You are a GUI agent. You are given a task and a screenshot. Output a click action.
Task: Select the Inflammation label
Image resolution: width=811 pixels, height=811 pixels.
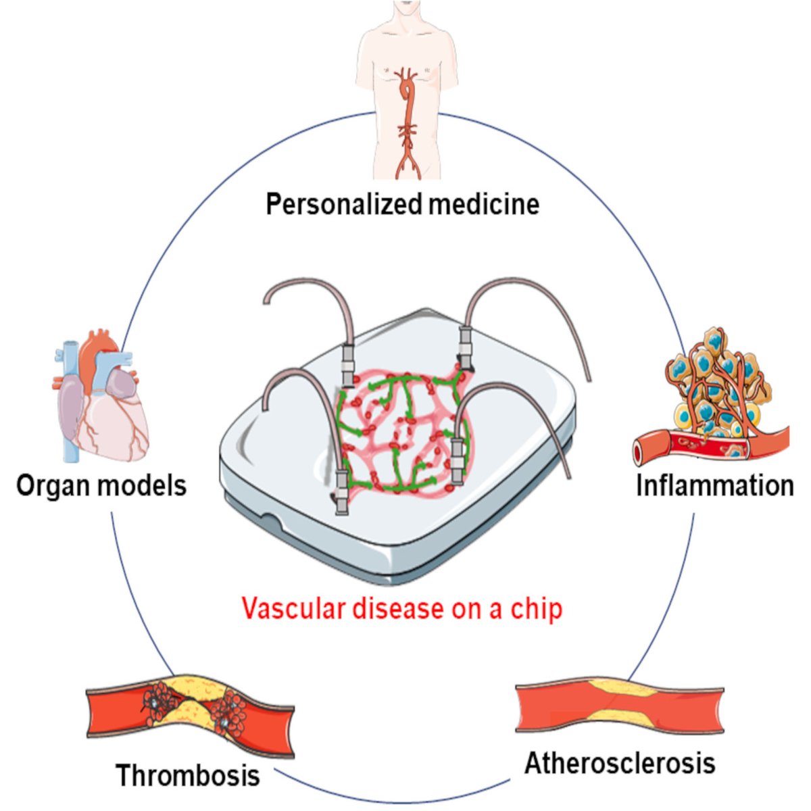714,485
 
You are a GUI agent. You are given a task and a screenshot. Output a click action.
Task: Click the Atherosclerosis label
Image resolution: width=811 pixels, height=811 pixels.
620,763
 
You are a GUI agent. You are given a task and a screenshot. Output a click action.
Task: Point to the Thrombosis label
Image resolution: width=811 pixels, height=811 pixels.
187,775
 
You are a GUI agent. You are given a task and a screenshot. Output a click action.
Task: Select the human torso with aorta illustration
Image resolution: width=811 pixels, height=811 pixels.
406,88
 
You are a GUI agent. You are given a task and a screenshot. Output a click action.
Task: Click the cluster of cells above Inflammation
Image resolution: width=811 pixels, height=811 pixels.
716,378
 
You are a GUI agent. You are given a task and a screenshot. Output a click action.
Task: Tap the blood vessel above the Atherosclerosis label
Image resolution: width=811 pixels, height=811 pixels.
619,710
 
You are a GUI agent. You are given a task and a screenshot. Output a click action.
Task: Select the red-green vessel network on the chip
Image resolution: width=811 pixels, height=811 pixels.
399,429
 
